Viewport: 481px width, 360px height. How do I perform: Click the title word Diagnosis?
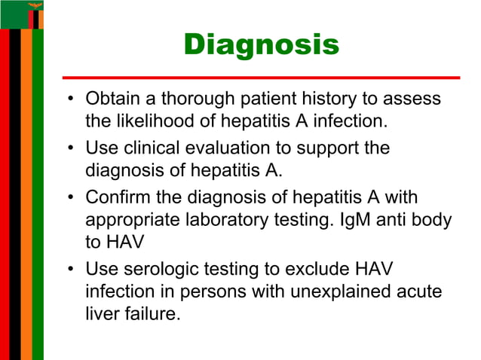pos(261,44)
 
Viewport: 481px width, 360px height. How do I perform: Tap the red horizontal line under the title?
pos(261,78)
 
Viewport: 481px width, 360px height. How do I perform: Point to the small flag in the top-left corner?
pos(22,14)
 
